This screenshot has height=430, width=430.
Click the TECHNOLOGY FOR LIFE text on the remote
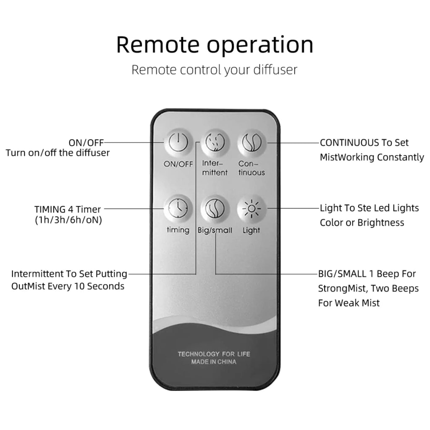click(x=214, y=354)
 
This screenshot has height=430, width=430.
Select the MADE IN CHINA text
click(x=214, y=362)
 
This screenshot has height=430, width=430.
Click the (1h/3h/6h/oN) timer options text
click(x=68, y=220)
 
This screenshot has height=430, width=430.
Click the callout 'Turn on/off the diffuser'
click(x=58, y=153)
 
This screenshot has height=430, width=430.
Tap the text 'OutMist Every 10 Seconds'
click(x=68, y=286)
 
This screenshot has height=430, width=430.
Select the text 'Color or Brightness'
click(x=362, y=223)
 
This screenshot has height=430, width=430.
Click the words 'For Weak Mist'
click(x=349, y=303)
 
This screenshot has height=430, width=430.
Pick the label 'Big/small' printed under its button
click(x=215, y=230)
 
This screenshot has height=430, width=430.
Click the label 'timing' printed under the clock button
click(x=178, y=230)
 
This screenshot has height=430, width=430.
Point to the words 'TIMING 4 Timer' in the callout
click(x=68, y=209)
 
